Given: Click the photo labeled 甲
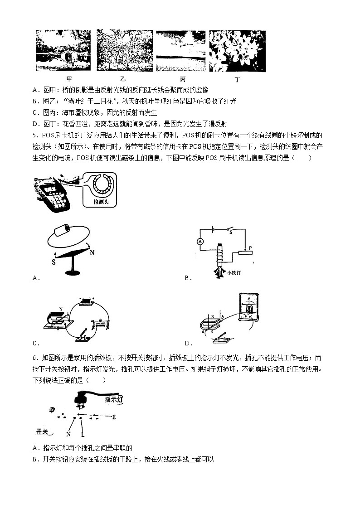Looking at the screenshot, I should click(x=63, y=50).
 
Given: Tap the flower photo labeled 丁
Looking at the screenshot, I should click(x=237, y=50).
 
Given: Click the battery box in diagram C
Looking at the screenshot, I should click(x=86, y=302).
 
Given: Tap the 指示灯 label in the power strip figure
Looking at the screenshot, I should click(x=114, y=399).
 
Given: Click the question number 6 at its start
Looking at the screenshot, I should click(x=34, y=358).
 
